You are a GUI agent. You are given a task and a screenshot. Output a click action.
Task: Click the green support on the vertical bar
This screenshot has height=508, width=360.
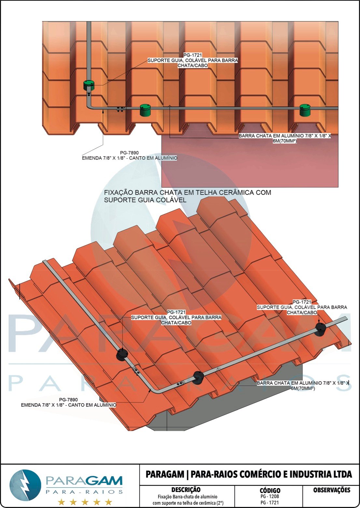coord(89,86)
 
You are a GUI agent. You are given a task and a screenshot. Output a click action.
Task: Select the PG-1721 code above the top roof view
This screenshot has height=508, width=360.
coord(193,55)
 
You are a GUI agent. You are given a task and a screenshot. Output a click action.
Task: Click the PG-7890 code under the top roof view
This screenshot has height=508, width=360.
coord(129,153)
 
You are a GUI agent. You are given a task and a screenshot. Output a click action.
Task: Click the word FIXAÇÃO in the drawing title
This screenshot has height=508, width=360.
coord(118,193)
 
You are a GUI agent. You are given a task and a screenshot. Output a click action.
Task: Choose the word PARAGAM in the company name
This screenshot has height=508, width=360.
coord(165,474)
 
